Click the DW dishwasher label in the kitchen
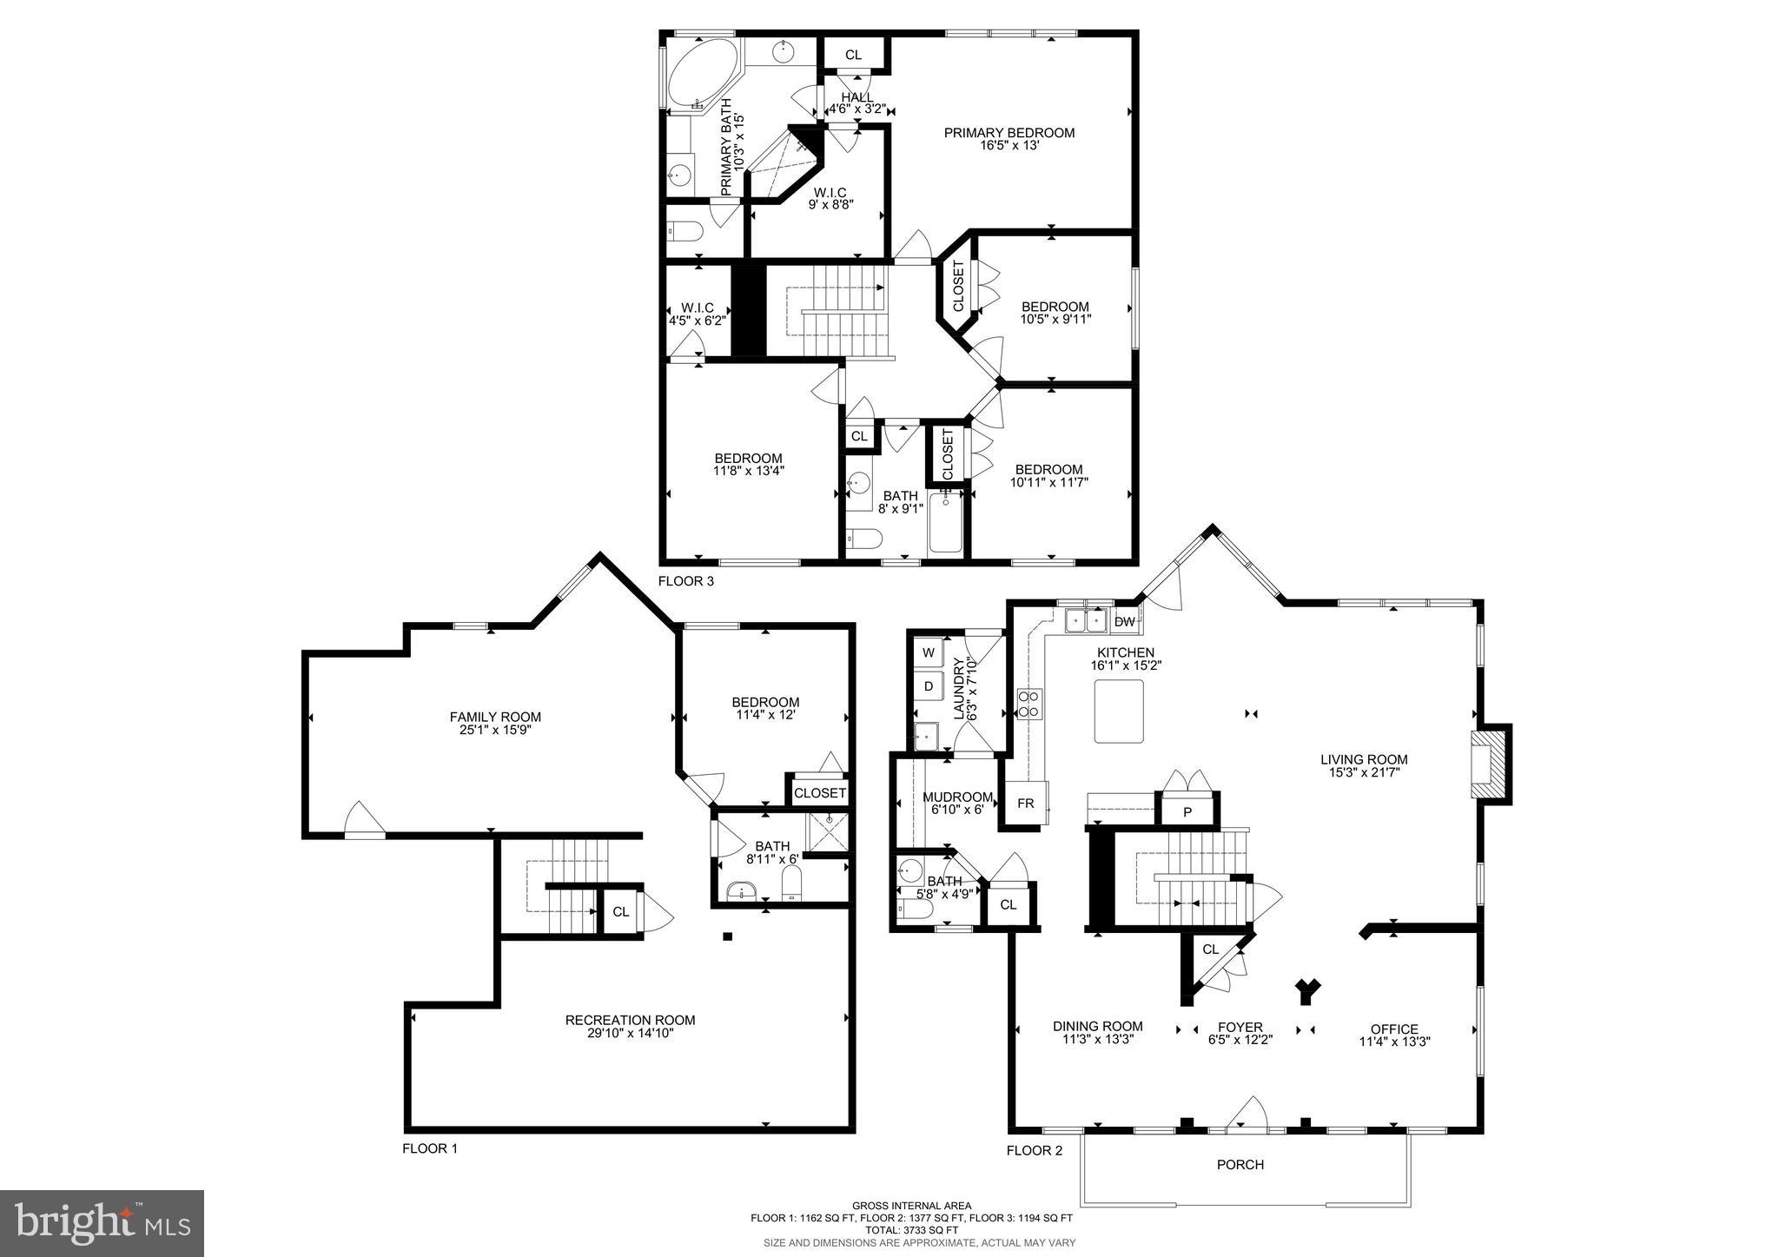[x=1125, y=621]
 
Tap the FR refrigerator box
[x=1026, y=803]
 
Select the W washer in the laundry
[x=929, y=652]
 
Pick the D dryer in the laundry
[x=929, y=686]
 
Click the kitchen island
[x=1119, y=711]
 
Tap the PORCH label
[x=1240, y=1164]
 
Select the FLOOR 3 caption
[x=686, y=581]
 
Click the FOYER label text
[x=1240, y=1027]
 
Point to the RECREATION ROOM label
[x=630, y=1020]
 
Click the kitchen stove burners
[x=1029, y=703]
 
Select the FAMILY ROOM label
[x=495, y=717]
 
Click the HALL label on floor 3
[x=857, y=97]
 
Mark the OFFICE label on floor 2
[x=1394, y=1029]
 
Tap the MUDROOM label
[x=957, y=797]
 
